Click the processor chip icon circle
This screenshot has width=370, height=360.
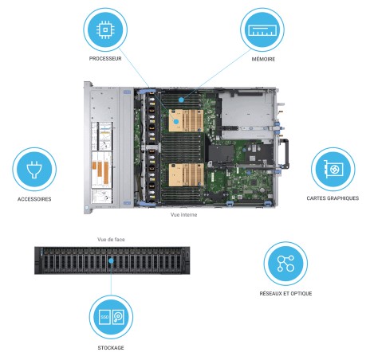105,29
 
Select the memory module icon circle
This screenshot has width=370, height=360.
262,29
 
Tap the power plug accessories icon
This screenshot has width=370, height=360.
34,170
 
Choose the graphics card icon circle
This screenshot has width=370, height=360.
333,169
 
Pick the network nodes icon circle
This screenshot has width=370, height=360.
285,264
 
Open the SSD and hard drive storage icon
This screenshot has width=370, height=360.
111,317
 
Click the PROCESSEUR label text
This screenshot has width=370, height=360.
105,58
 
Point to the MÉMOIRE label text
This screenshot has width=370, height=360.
263,59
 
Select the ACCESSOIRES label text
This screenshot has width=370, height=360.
34,199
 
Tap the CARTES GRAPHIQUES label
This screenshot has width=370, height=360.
333,198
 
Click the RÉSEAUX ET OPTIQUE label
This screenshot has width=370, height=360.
285,293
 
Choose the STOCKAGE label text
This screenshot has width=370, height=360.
111,347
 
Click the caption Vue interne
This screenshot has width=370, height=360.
183,214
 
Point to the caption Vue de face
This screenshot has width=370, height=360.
111,240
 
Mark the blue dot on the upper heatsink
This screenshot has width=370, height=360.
176,122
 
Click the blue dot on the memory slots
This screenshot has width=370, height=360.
181,100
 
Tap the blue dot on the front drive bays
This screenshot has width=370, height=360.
111,260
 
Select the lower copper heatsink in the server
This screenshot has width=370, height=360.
186,174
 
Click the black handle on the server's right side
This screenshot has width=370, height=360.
285,154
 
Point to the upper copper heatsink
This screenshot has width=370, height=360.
186,120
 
